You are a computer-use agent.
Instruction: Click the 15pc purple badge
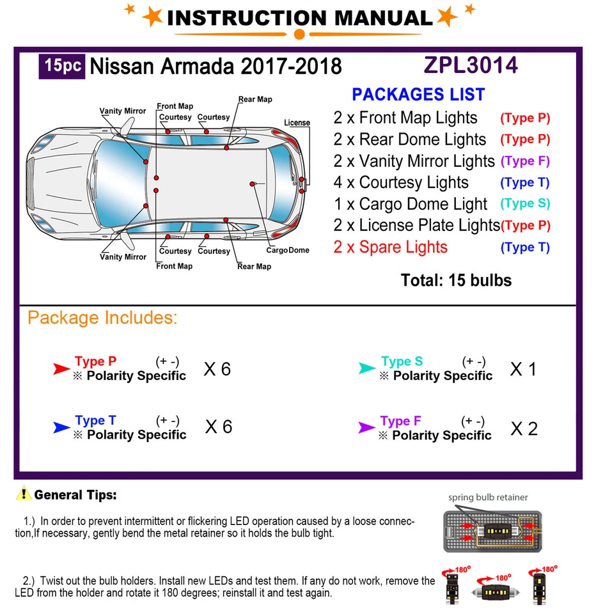coord(62,67)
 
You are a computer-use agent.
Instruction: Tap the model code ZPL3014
coord(470,65)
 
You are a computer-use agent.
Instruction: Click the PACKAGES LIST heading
coord(418,95)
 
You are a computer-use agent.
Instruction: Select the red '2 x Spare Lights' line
coord(390,248)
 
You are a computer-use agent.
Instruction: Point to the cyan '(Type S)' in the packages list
coord(525,204)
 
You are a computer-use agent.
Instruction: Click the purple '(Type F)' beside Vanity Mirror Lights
coord(525,161)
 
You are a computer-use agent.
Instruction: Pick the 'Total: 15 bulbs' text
coord(456,280)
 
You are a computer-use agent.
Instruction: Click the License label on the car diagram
coord(297,123)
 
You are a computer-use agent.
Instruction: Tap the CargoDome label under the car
coord(287,250)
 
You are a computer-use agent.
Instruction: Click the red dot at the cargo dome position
coord(253,184)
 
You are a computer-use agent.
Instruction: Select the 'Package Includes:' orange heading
coord(102,318)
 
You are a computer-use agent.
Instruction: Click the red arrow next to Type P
coord(61,368)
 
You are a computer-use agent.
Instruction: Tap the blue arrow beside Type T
coord(61,427)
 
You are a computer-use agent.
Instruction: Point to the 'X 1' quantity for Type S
coord(523,369)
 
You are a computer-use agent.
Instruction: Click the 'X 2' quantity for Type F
coord(524,429)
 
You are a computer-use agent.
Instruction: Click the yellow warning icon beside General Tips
coord(24,494)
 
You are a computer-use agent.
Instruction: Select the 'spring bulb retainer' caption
coord(488,497)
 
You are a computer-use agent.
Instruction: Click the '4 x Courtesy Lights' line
coord(401,183)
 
